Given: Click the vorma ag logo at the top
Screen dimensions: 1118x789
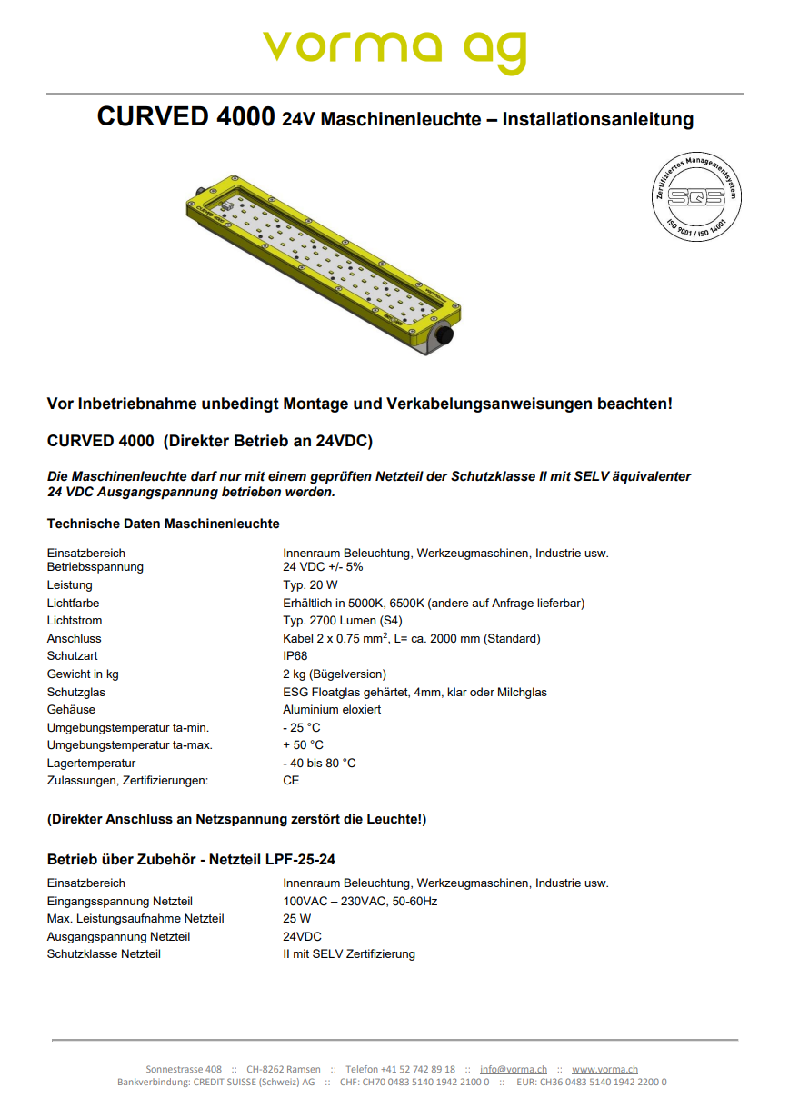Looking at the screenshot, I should tap(394, 50).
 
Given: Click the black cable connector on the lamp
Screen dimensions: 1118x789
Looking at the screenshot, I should tap(444, 336).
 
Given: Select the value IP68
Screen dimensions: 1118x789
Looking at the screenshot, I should tap(295, 656).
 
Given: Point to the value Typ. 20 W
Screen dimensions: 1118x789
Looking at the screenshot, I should tap(310, 585).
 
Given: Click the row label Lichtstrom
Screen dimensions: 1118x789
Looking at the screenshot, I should tap(74, 621).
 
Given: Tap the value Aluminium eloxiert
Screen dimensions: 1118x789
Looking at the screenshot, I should tap(332, 710).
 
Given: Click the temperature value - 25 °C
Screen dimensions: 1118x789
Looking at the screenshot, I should tap(302, 728).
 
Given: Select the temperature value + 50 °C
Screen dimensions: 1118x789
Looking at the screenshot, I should tap(303, 745).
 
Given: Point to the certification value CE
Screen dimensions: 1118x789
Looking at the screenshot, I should tap(291, 781).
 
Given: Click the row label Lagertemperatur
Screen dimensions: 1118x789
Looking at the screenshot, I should tap(91, 764).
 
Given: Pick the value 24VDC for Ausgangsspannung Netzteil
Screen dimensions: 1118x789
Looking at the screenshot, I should tap(302, 937).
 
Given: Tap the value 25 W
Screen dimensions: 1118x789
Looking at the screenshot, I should tap(296, 919).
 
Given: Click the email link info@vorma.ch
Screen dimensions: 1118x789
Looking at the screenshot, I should tap(514, 1070).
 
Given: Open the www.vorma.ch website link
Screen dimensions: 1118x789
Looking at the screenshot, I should tap(604, 1070).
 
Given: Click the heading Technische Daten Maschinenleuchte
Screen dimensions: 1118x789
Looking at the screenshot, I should tap(163, 524).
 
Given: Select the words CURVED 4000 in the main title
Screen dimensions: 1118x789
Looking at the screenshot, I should tap(185, 117).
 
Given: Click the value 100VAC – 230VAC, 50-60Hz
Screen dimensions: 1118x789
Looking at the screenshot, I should tap(360, 902).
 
